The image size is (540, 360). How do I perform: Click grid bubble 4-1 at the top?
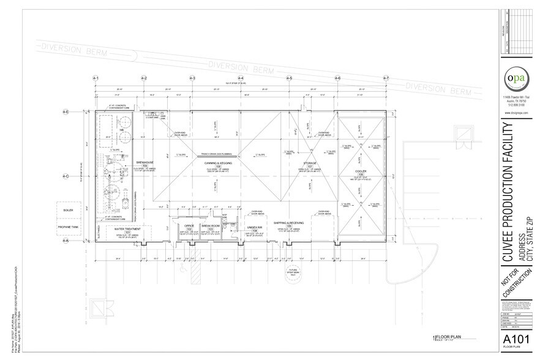coord(96,78)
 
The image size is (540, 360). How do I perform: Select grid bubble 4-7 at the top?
coord(386,78)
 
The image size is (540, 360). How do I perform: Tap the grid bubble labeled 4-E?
coord(66,111)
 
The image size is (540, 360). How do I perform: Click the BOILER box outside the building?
coord(68,210)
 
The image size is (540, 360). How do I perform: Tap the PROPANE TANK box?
coord(68,226)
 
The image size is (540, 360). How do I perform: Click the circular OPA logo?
coord(512,80)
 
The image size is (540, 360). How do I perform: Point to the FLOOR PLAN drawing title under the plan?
coord(449,336)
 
